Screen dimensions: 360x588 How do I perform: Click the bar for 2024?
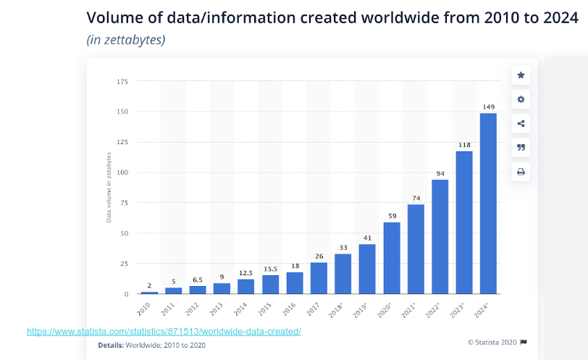pyautogui.click(x=488, y=204)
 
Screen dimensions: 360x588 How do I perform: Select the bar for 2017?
pyautogui.click(x=319, y=278)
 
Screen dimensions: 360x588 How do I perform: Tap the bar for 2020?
pyautogui.click(x=392, y=258)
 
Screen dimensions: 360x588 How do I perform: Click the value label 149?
pyautogui.click(x=488, y=107)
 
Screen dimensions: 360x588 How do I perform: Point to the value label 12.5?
pyautogui.click(x=246, y=273)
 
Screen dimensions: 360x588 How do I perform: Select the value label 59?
pyautogui.click(x=392, y=216)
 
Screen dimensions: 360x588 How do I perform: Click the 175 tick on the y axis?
pyautogui.click(x=122, y=82)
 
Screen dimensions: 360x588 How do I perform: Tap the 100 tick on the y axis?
pyautogui.click(x=122, y=172)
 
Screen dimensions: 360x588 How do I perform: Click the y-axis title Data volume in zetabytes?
pyautogui.click(x=109, y=186)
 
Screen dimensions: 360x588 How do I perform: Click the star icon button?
pyautogui.click(x=521, y=75)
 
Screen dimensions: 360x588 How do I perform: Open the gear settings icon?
pyautogui.click(x=521, y=99)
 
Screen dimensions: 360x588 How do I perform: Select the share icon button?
pyautogui.click(x=521, y=123)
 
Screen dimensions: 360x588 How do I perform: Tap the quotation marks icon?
pyautogui.click(x=521, y=148)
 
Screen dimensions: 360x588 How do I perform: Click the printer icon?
pyautogui.click(x=521, y=172)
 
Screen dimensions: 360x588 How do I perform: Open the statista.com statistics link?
pyautogui.click(x=164, y=332)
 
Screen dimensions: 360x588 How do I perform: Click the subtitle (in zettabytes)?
pyautogui.click(x=126, y=39)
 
